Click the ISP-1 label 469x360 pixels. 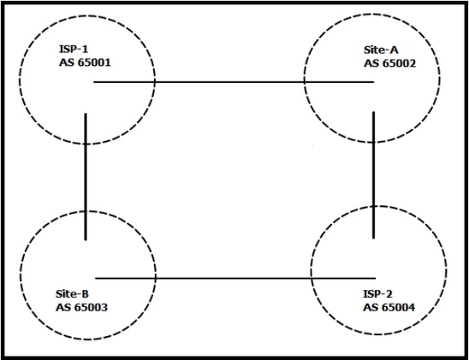point(74,49)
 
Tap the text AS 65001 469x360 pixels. point(85,62)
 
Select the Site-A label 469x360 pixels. point(381,50)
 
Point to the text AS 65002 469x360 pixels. point(389,63)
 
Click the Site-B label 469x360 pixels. point(72,293)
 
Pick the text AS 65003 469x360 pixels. point(81,307)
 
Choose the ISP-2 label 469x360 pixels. point(377,293)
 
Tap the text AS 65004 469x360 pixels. point(389,307)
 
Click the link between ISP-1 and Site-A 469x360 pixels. point(234,81)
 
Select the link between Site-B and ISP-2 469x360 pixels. point(235,279)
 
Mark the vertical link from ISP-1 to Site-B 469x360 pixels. point(86,176)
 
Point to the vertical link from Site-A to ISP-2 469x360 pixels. point(373,175)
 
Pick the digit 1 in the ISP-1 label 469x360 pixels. point(85,49)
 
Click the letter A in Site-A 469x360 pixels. point(395,50)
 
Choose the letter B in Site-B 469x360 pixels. point(86,293)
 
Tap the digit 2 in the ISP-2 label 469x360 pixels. point(389,293)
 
